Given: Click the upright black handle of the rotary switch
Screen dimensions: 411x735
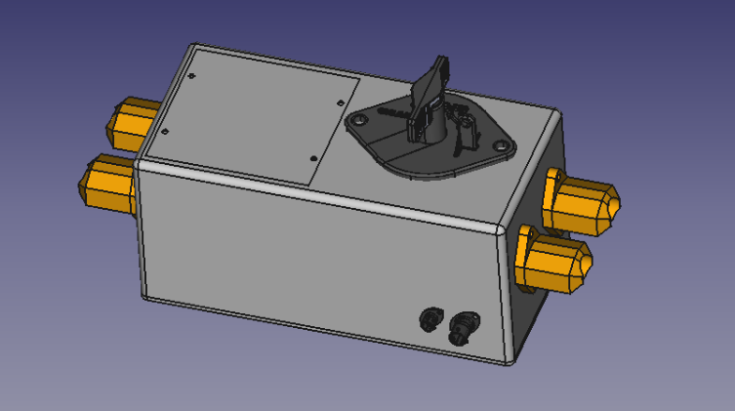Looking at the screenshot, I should click(430, 93).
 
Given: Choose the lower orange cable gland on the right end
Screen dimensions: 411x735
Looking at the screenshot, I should click(556, 260).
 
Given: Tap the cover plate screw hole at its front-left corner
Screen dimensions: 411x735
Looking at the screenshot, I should click(165, 130).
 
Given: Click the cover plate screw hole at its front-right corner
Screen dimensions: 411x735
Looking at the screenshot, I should click(312, 158).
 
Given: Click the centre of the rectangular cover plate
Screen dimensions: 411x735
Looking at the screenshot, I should click(256, 115).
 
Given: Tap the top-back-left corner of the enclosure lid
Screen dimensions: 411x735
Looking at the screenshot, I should click(196, 46).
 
